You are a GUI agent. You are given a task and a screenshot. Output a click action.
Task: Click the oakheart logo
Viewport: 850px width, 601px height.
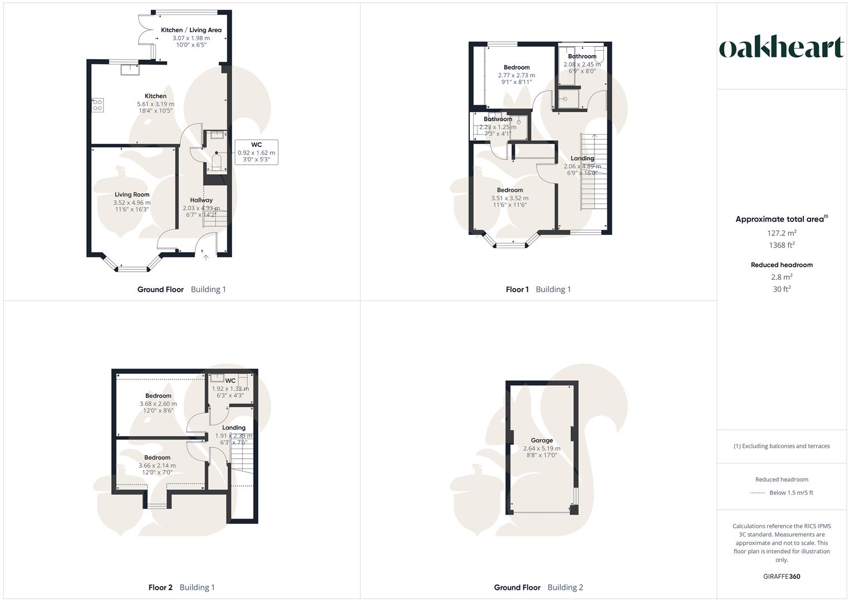point(782,48)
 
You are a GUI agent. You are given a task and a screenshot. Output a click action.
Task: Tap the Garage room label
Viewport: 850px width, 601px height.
point(542,440)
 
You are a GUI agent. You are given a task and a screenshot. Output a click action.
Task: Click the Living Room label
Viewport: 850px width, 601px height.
point(132,195)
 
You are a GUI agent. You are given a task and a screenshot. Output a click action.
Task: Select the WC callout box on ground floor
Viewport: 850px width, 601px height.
point(256,152)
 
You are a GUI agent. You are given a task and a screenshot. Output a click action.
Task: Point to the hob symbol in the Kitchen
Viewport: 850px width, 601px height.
point(97,105)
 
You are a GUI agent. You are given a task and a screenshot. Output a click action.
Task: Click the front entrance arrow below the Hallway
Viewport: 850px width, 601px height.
point(206,257)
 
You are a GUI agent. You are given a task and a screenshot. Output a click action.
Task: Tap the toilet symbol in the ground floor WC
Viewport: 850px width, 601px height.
point(217,162)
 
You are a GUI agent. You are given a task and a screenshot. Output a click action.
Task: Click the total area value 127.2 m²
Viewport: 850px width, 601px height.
point(782,233)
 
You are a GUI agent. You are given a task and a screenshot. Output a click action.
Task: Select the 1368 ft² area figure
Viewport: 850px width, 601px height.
point(782,245)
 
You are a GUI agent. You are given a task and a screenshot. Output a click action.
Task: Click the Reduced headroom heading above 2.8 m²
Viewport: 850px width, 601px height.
point(782,265)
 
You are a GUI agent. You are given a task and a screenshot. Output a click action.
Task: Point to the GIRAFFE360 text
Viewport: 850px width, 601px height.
point(782,577)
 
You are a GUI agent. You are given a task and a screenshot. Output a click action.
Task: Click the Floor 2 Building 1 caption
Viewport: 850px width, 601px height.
point(181,587)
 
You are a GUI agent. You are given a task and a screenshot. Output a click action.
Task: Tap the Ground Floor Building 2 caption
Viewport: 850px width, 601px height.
point(538,587)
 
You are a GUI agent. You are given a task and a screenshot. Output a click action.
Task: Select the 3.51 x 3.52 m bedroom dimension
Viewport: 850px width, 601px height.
point(510,198)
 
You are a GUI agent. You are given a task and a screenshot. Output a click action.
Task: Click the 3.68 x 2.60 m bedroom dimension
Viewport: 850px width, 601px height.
point(158,404)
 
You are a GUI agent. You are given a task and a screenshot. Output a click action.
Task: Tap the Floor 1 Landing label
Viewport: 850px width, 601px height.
point(582,159)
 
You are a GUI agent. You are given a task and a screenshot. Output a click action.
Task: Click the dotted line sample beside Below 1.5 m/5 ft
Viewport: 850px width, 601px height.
point(758,493)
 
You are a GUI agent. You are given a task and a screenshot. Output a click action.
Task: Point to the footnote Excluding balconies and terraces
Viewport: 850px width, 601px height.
point(782,446)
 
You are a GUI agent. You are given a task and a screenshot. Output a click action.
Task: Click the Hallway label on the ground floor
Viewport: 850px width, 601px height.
point(202,200)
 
